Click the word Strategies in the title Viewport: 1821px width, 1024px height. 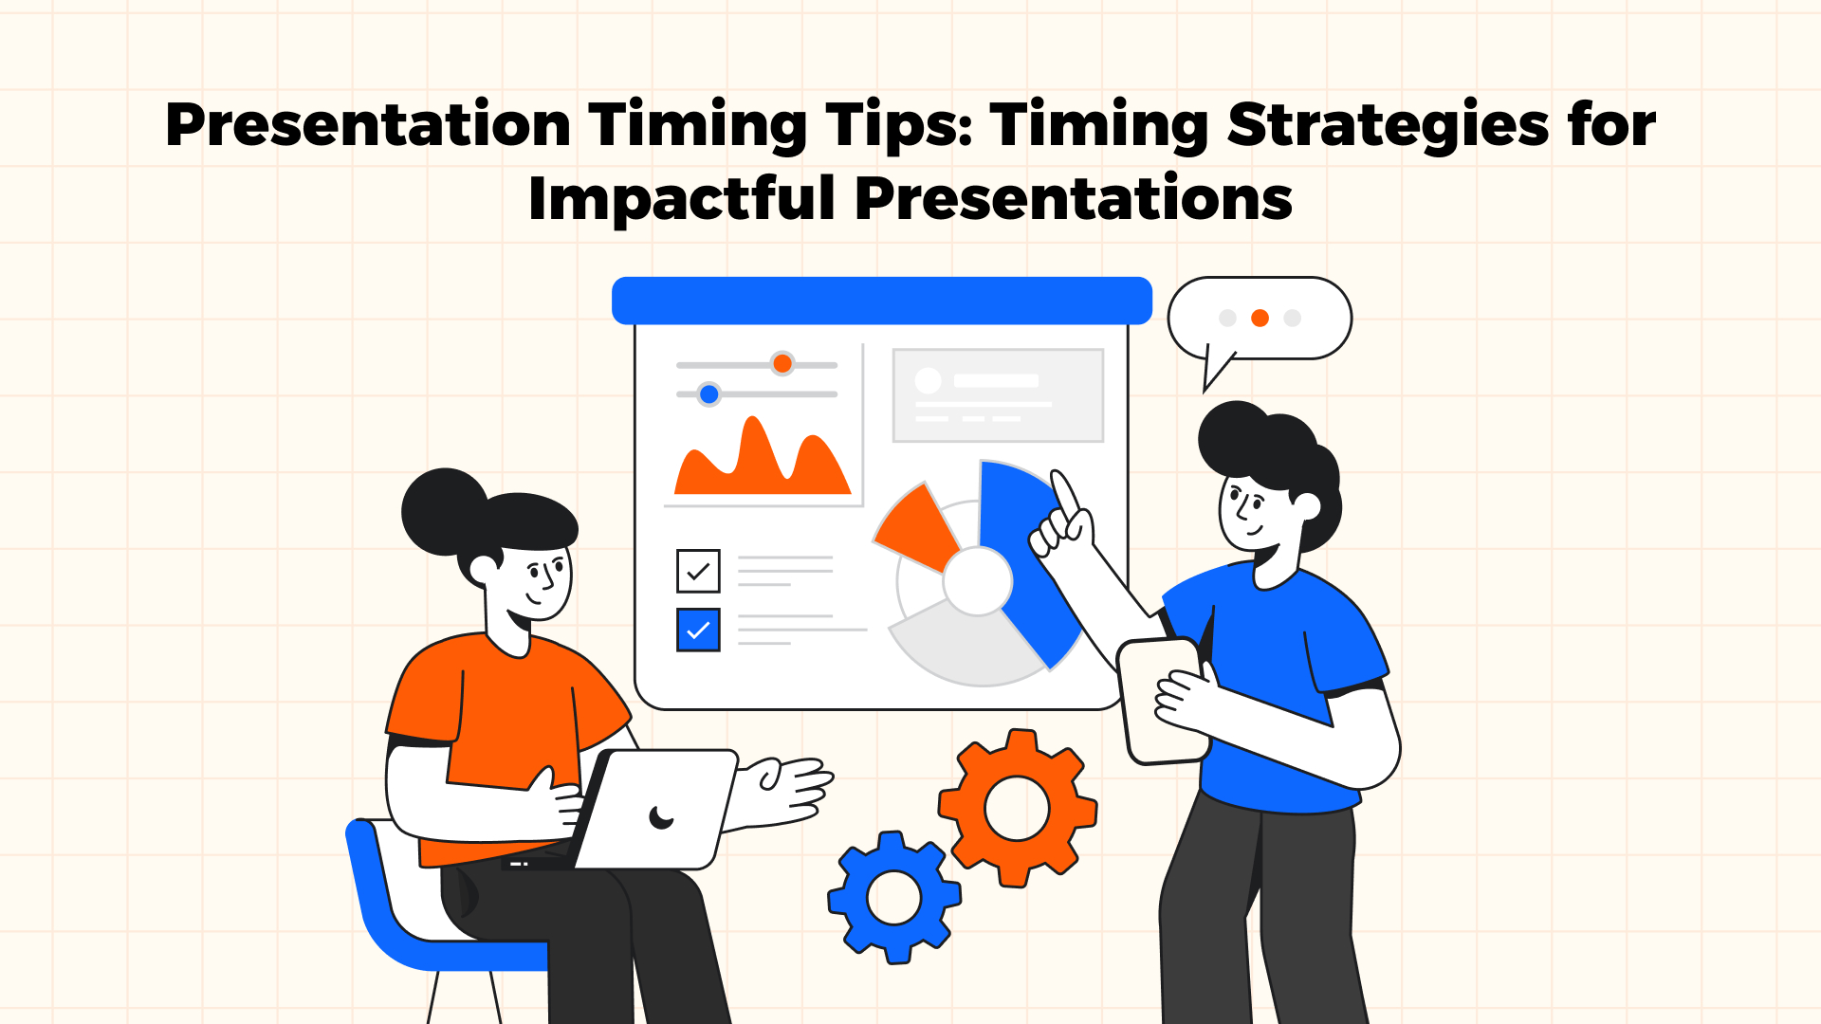click(x=1388, y=125)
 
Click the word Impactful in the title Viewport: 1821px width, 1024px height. click(x=681, y=199)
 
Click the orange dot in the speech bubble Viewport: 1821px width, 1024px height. click(x=1260, y=319)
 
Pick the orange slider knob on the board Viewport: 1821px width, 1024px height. click(x=782, y=363)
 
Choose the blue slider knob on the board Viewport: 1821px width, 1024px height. click(x=708, y=393)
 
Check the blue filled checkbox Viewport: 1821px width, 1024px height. click(x=698, y=630)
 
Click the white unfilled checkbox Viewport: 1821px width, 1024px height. click(x=698, y=571)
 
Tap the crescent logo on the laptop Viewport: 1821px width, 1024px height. click(x=661, y=816)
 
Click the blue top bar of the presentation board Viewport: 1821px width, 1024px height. click(x=881, y=301)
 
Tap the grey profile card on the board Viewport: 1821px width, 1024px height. click(x=998, y=394)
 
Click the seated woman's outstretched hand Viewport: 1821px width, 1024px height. click(x=787, y=787)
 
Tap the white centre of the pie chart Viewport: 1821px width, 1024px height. click(x=978, y=581)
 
